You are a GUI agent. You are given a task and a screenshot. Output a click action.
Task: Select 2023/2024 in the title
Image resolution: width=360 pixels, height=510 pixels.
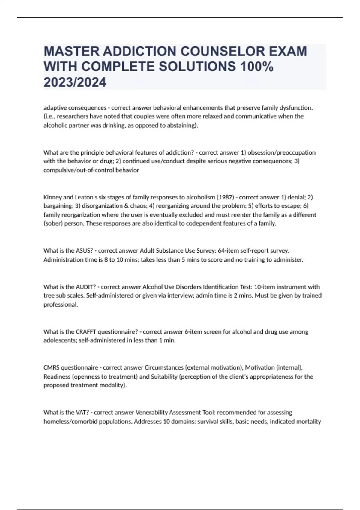point(75,82)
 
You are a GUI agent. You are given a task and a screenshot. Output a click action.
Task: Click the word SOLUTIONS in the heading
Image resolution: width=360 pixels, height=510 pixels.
point(197,67)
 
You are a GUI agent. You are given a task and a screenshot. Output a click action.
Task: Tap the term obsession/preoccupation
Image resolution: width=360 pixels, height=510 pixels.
point(281,152)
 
